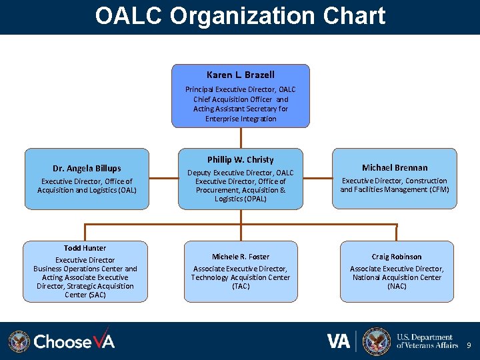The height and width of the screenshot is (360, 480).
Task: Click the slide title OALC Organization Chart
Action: click(x=240, y=16)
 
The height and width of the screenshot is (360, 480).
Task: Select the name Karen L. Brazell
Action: click(x=240, y=75)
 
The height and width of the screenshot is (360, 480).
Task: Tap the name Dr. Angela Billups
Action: click(x=87, y=169)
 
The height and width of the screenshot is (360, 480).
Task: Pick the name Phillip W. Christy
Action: click(x=240, y=159)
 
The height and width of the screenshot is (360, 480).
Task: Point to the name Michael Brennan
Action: click(x=395, y=167)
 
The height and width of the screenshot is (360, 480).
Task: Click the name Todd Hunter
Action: click(x=85, y=248)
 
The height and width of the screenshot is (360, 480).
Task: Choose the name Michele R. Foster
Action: click(x=241, y=257)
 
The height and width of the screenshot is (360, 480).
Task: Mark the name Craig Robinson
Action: click(x=397, y=257)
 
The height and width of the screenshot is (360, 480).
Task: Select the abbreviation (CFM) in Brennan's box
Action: click(x=435, y=189)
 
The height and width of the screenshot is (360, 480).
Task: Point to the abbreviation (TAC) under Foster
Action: click(x=241, y=286)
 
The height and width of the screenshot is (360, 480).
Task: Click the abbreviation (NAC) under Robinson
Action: click(x=397, y=286)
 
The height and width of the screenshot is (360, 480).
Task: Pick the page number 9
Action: click(x=469, y=345)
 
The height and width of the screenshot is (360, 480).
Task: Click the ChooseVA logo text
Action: click(x=74, y=341)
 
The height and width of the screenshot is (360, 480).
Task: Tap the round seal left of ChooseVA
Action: click(x=19, y=341)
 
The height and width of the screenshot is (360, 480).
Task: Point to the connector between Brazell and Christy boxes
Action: click(x=241, y=137)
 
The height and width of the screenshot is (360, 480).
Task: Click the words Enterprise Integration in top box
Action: click(x=241, y=119)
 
